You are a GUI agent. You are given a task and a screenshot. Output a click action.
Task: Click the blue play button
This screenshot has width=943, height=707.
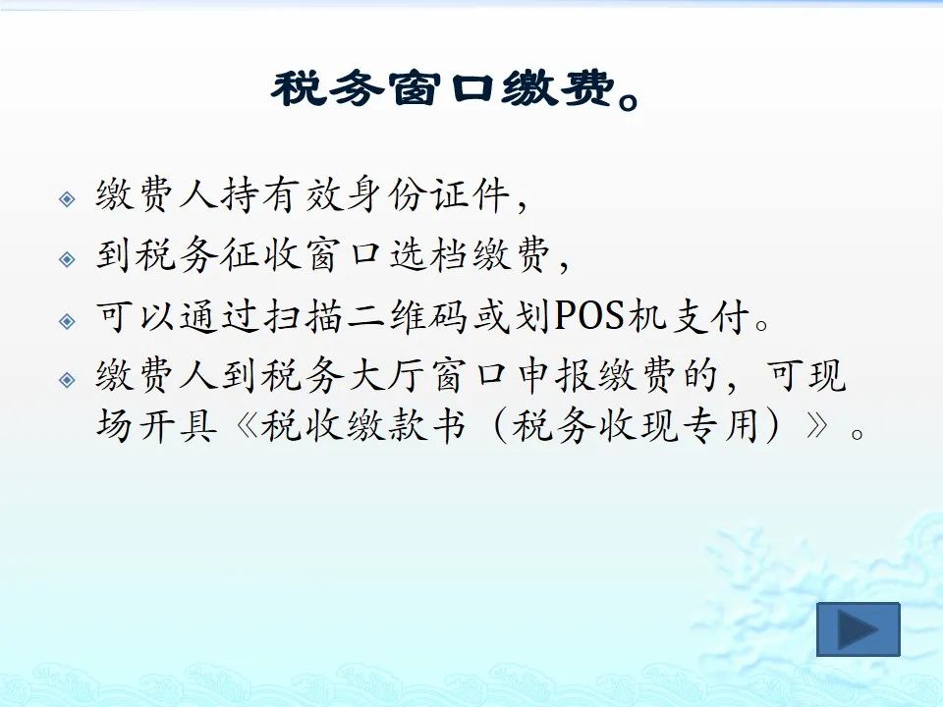click(x=859, y=628)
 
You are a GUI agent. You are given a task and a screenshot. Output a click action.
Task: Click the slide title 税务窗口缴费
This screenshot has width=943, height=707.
click(x=443, y=89)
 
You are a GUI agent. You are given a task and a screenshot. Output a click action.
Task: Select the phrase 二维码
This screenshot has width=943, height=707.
click(x=407, y=315)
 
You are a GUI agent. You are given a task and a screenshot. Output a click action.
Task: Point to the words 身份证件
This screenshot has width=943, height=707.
click(x=428, y=194)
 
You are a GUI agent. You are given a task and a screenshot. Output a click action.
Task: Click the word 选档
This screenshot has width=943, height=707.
click(x=428, y=255)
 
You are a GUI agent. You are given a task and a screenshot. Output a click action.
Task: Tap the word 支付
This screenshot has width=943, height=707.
click(x=710, y=315)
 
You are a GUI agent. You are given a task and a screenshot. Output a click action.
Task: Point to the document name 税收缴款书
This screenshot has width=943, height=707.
click(x=363, y=425)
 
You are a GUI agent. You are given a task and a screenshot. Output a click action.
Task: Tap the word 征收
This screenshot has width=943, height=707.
click(x=259, y=255)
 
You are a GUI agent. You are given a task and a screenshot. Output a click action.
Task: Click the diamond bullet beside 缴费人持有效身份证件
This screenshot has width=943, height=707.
click(x=68, y=199)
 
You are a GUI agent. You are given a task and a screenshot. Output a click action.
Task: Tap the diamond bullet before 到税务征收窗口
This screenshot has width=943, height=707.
click(x=68, y=259)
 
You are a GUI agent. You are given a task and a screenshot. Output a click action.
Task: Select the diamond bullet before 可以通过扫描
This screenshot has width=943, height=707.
click(x=68, y=320)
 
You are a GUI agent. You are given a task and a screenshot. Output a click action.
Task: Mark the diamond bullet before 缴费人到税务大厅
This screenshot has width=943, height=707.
click(x=68, y=380)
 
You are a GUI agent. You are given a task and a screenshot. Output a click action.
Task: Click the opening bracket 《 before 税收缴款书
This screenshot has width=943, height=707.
click(x=247, y=425)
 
